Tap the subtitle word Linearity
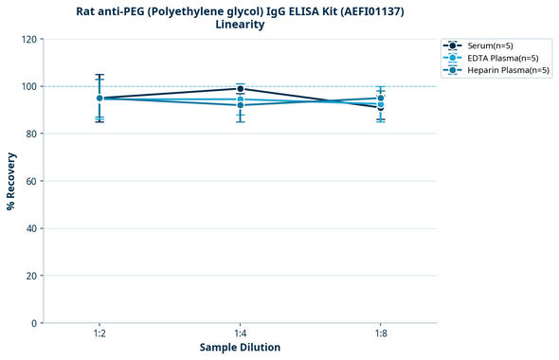click(x=240, y=25)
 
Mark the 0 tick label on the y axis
click(x=34, y=323)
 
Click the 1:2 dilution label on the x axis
click(x=99, y=334)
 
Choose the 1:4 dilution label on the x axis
click(x=240, y=334)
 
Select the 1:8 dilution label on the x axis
click(x=381, y=334)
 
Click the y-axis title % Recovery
click(x=11, y=181)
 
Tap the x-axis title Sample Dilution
click(x=240, y=348)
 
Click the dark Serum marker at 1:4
click(x=240, y=89)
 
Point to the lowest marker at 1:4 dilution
click(x=240, y=104)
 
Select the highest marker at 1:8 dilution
click(x=381, y=99)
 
